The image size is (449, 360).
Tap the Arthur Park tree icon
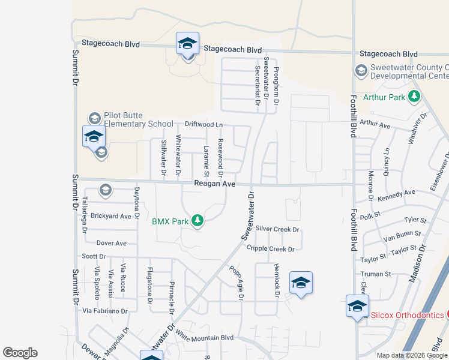[414, 96]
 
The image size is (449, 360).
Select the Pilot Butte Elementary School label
[138, 120]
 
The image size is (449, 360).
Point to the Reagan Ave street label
[214, 184]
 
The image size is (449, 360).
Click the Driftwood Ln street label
[203, 124]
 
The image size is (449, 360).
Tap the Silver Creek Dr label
[277, 229]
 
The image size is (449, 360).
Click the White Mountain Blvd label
[204, 338]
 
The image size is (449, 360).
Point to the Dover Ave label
[112, 243]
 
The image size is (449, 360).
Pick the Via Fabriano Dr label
[105, 311]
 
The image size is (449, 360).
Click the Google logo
[20, 353]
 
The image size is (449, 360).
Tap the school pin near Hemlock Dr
[301, 283]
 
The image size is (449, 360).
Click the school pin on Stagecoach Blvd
[187, 44]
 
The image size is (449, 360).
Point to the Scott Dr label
[94, 256]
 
